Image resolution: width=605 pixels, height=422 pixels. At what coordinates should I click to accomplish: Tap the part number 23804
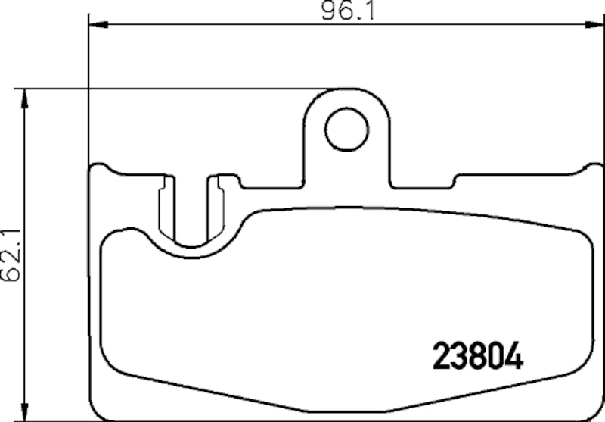coord(477,356)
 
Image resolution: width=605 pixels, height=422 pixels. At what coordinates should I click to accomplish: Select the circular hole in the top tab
coord(347,128)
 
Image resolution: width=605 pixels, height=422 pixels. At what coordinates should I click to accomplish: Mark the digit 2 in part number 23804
coord(441,356)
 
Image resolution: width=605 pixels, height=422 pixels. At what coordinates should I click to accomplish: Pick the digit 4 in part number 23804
coord(513,356)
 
